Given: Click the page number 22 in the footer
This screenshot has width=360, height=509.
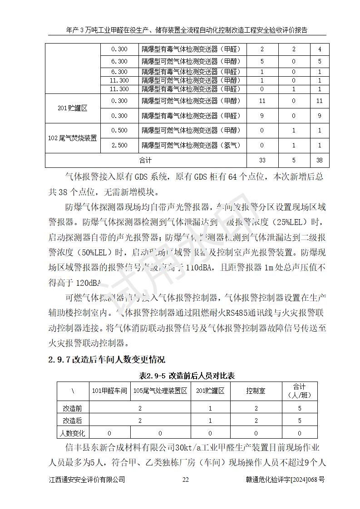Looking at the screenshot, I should click(x=185, y=480).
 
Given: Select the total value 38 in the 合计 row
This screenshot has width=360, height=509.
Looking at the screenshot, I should click(x=320, y=160).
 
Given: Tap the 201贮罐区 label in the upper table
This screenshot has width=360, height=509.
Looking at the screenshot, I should click(x=72, y=108).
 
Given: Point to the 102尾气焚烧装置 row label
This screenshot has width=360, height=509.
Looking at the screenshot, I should click(x=72, y=138).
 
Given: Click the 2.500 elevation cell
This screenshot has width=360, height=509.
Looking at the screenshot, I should click(x=119, y=146).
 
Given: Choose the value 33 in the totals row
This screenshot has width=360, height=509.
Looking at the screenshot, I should click(x=262, y=160).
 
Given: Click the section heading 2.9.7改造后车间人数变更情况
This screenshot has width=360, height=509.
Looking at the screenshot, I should click(x=107, y=360).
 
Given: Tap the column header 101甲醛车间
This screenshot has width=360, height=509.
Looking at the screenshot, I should click(x=109, y=391).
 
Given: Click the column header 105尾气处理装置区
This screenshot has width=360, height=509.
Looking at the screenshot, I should click(x=160, y=391).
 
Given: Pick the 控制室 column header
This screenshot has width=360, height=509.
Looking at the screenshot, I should click(x=256, y=391).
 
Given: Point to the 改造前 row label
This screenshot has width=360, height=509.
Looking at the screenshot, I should click(x=72, y=409).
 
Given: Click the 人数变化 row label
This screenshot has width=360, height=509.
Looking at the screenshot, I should click(x=72, y=433).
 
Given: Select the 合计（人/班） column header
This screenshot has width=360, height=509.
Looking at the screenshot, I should click(x=299, y=391).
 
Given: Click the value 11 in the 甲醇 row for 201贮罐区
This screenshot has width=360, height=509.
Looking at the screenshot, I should click(x=262, y=101).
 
